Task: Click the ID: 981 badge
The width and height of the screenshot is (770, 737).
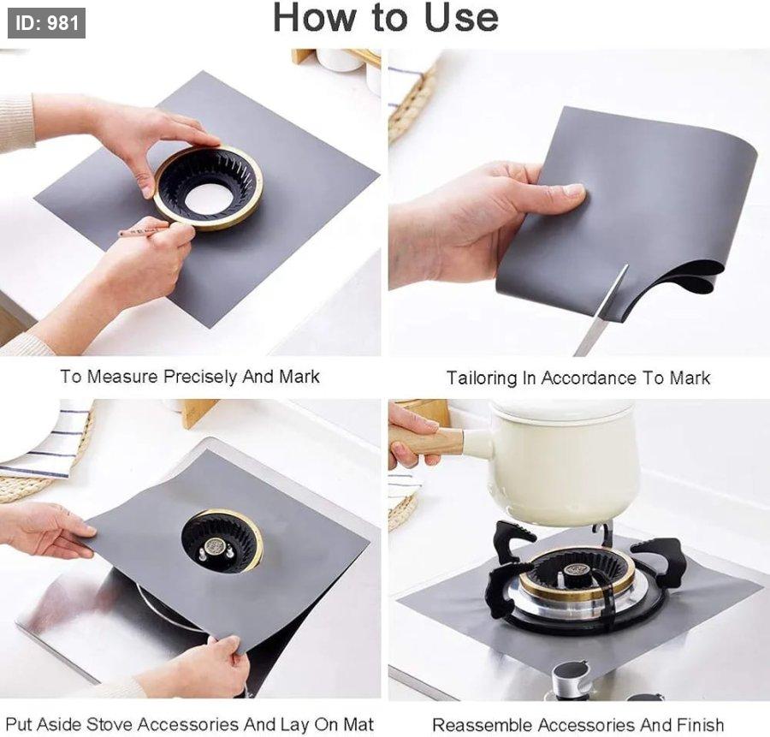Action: (47, 23)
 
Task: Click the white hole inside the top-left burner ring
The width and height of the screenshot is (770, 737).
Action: (208, 198)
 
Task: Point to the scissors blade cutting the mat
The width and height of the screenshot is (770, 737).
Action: (602, 310)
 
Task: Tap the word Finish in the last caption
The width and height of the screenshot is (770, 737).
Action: (700, 725)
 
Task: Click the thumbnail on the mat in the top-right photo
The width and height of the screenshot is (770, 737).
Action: (573, 189)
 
